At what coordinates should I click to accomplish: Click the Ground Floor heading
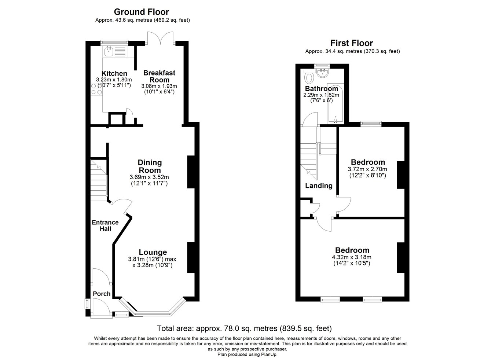click(x=142, y=12)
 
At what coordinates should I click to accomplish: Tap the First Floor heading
click(x=352, y=43)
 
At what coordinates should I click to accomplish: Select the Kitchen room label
click(x=114, y=73)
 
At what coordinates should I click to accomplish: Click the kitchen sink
click(x=109, y=52)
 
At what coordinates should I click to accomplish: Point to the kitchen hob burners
click(x=97, y=89)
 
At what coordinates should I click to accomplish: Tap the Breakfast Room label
click(x=159, y=76)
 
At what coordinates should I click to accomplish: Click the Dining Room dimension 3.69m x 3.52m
click(x=149, y=177)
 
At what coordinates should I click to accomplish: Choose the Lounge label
click(x=153, y=252)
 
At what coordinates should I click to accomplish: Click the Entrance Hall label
click(x=105, y=225)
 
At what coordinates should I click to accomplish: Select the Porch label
click(x=102, y=294)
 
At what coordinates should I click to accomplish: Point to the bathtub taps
click(x=335, y=120)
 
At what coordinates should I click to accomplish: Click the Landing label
click(x=319, y=185)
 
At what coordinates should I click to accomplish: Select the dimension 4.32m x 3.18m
click(x=352, y=257)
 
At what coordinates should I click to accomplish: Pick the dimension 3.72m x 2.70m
click(x=367, y=169)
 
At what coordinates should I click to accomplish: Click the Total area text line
click(x=244, y=328)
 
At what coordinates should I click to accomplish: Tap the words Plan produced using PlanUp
click(x=247, y=355)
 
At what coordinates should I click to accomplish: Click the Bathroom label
click(x=322, y=89)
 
